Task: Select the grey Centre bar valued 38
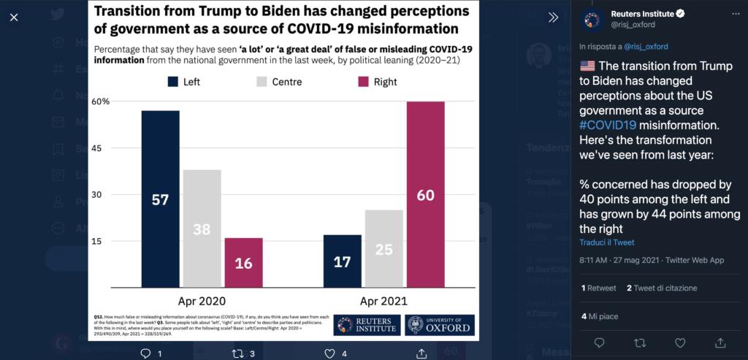pos(202,229)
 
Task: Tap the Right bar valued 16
pos(243,262)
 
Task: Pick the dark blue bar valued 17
pos(342,261)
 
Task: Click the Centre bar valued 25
pos(383,248)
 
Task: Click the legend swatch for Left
pos(174,82)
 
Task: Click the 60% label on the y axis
pos(101,102)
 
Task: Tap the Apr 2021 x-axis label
pos(383,301)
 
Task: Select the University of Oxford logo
pos(439,325)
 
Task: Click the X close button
pos(14,17)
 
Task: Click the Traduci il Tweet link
pos(606,242)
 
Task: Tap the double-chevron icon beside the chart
pos(553,18)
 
